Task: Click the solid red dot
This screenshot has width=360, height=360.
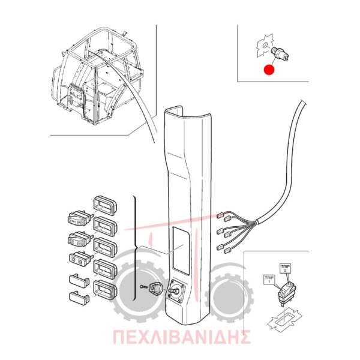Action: [269, 70]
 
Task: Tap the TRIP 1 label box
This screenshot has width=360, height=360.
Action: [269, 280]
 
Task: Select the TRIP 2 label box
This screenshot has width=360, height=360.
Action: [285, 269]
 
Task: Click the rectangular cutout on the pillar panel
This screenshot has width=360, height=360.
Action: [181, 250]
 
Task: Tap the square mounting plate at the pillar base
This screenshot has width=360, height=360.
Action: [176, 290]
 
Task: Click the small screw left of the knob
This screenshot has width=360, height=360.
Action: [143, 286]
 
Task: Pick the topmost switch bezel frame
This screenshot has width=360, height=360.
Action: [105, 205]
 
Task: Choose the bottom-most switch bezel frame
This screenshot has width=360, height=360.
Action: [105, 290]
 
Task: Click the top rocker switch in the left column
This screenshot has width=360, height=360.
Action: [79, 218]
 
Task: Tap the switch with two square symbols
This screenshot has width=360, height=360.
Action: [80, 259]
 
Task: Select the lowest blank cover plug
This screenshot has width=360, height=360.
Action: [79, 297]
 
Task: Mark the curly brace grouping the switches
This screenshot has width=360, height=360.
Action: [135, 248]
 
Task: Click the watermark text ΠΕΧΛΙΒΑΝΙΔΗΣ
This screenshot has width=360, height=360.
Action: [181, 337]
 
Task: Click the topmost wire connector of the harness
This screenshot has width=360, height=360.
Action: [220, 215]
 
